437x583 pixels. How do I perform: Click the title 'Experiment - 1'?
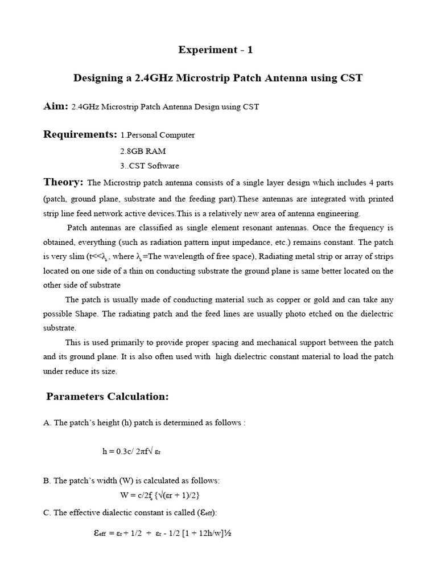(x=215, y=50)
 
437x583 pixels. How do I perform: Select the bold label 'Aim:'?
(x=56, y=106)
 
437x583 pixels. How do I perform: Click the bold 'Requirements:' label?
(x=80, y=134)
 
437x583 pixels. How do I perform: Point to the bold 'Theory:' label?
(x=64, y=182)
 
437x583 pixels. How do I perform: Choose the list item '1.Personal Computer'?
(x=158, y=136)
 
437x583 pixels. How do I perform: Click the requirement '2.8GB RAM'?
(x=143, y=151)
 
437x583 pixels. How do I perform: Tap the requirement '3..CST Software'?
(x=149, y=166)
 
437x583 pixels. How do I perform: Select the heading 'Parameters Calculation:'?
(x=108, y=397)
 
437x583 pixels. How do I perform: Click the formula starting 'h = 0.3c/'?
(x=135, y=451)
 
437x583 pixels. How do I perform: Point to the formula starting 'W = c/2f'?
(x=160, y=495)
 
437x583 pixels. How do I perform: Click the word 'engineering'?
(x=338, y=214)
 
